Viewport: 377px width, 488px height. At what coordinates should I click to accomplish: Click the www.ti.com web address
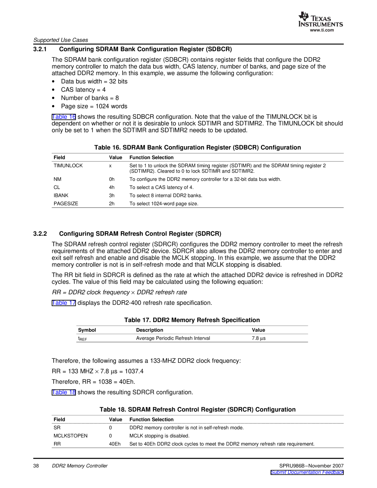[322, 30]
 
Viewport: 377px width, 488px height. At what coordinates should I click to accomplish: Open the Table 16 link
[64, 117]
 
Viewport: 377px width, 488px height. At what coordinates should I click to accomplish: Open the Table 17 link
[64, 303]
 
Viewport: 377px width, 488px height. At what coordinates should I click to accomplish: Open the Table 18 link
[64, 392]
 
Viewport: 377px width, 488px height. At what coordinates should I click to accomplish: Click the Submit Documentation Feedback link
[307, 472]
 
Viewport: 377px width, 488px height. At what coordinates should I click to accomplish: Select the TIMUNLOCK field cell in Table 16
[68, 166]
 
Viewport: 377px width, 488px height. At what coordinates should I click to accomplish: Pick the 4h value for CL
[112, 188]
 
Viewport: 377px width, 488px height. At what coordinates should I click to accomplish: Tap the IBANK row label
[61, 196]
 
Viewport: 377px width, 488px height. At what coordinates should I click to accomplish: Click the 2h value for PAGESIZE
[112, 204]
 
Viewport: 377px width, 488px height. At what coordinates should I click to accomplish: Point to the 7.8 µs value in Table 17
[259, 338]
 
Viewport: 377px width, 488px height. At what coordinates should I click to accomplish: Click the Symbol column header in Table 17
[87, 330]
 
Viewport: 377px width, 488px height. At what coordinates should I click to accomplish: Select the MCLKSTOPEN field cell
[71, 436]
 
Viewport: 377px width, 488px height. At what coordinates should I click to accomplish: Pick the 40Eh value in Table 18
[115, 444]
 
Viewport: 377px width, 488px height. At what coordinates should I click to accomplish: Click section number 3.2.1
[40, 49]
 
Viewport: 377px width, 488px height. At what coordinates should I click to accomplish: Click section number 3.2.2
[40, 234]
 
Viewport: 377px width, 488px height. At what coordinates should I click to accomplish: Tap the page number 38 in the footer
[36, 466]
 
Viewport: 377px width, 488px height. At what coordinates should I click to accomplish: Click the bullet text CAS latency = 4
[83, 90]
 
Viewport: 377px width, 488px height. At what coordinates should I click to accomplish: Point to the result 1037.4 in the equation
[134, 371]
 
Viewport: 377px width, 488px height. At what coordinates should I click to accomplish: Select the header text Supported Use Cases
[61, 40]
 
